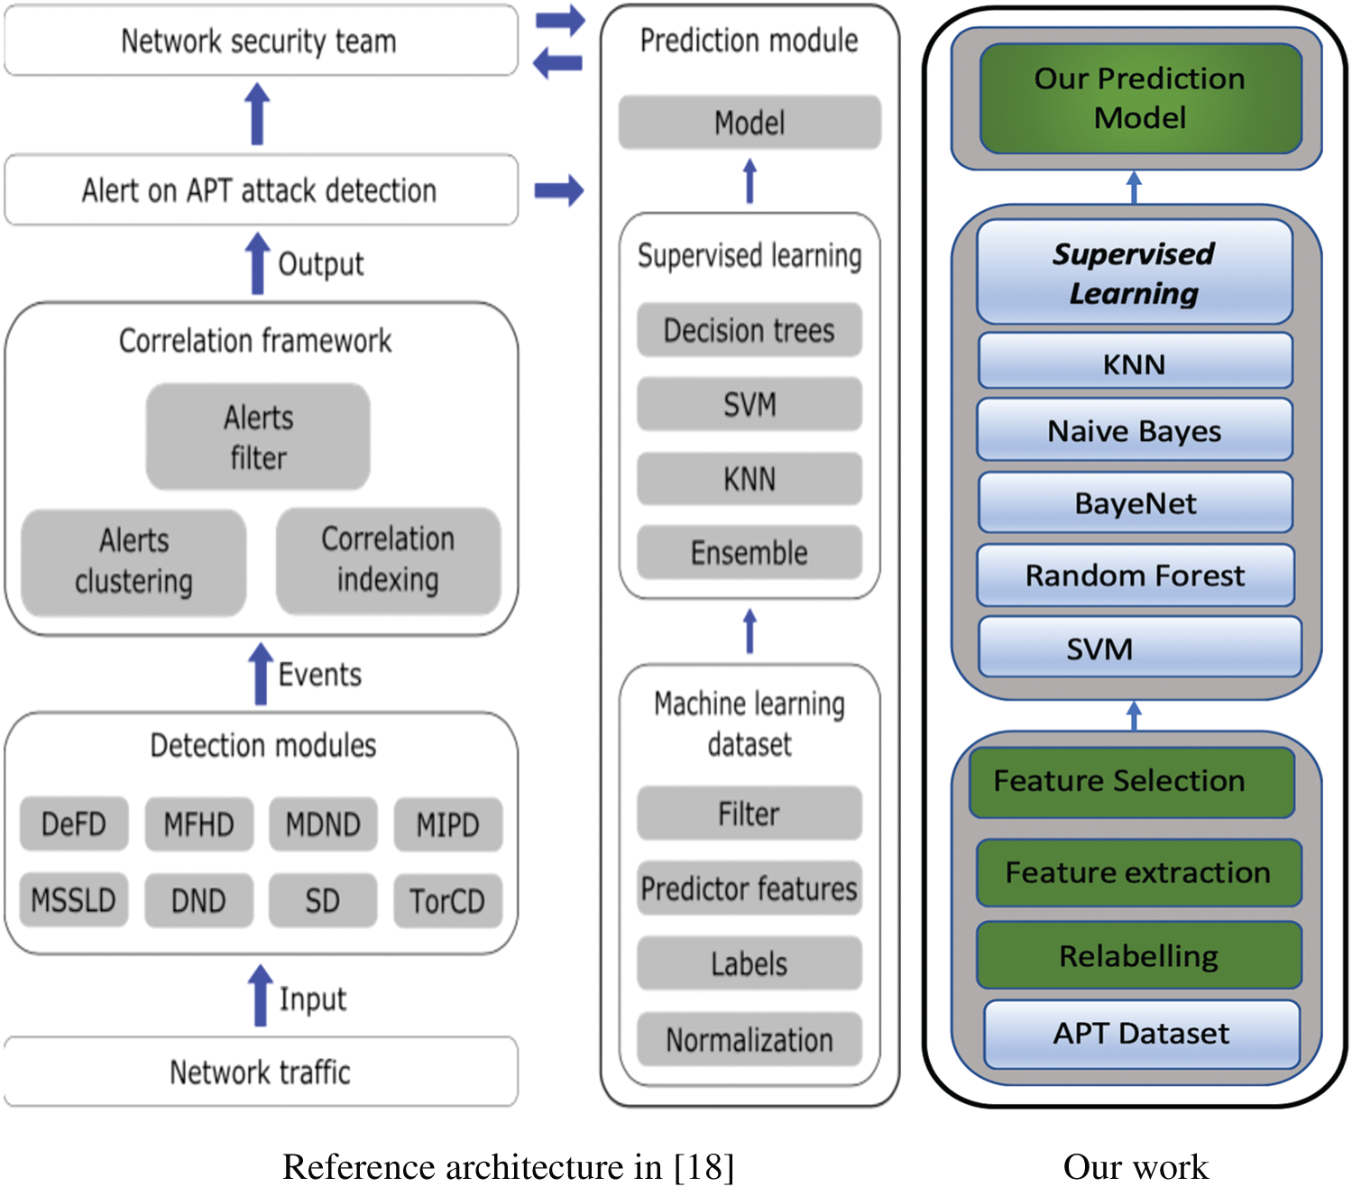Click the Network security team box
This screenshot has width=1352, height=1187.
pyautogui.click(x=261, y=41)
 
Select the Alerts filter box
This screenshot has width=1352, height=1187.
pyautogui.click(x=258, y=437)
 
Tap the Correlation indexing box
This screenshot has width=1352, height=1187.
pyautogui.click(x=388, y=560)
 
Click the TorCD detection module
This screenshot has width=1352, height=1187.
pyautogui.click(x=447, y=900)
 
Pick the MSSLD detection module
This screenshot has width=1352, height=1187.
pyautogui.click(x=74, y=900)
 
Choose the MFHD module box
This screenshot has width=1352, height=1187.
pyautogui.click(x=198, y=824)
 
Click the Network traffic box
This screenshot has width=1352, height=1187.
pyautogui.click(x=261, y=1072)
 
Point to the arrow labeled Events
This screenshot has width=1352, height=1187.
pyautogui.click(x=261, y=674)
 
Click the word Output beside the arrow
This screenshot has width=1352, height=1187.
pyautogui.click(x=320, y=264)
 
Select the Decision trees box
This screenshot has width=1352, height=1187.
pyautogui.click(x=749, y=330)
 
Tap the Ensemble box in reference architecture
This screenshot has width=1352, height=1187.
pyautogui.click(x=749, y=552)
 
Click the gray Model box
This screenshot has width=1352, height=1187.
pyautogui.click(x=749, y=123)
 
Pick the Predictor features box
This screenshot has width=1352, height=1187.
pyautogui.click(x=749, y=888)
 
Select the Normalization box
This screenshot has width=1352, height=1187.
pyautogui.click(x=749, y=1040)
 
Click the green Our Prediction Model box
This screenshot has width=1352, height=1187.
pyautogui.click(x=1140, y=98)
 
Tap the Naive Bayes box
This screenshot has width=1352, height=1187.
pyautogui.click(x=1135, y=431)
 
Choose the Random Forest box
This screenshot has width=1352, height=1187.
pyautogui.click(x=1135, y=575)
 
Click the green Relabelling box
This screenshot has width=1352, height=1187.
pyautogui.click(x=1138, y=955)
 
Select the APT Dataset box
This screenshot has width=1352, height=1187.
pyautogui.click(x=1141, y=1034)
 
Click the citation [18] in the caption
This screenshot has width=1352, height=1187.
pyautogui.click(x=704, y=1167)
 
